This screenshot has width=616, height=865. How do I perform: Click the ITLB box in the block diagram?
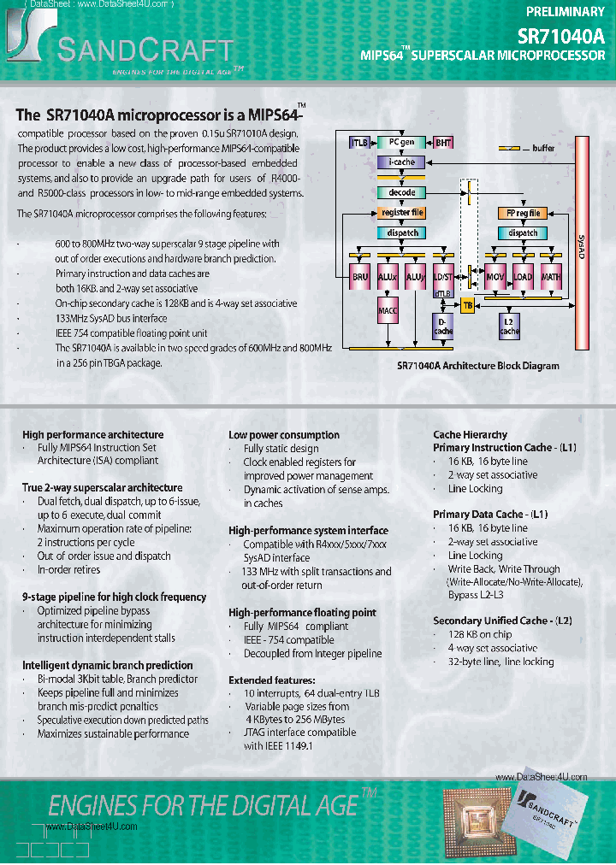click(x=359, y=143)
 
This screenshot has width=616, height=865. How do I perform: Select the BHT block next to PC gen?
click(x=443, y=143)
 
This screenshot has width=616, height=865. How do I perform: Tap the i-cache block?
click(x=401, y=162)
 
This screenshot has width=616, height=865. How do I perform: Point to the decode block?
click(x=401, y=193)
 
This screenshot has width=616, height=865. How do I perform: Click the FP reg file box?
click(x=522, y=213)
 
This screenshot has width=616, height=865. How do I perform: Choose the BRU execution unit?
click(x=360, y=277)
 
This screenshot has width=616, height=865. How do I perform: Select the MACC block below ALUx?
click(x=388, y=313)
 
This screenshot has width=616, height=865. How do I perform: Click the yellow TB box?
click(x=467, y=304)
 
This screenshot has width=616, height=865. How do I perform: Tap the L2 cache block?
click(x=509, y=326)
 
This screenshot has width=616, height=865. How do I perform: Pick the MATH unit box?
click(x=551, y=277)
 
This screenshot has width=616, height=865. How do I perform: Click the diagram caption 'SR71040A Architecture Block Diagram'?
click(x=477, y=366)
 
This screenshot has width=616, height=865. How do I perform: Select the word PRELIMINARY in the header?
click(x=565, y=12)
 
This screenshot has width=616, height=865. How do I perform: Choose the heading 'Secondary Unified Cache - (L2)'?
click(x=502, y=621)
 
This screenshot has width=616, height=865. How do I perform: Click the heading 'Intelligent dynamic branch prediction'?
click(x=107, y=665)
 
